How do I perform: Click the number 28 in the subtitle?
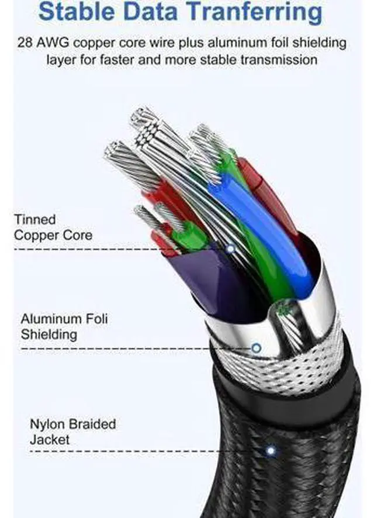(x=25, y=43)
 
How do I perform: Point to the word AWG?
(x=53, y=43)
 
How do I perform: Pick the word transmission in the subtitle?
(x=279, y=60)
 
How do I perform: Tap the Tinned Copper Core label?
(x=53, y=227)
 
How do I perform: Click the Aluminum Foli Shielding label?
(x=64, y=326)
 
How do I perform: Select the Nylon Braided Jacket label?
(x=73, y=432)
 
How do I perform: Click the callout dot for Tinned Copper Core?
(x=231, y=248)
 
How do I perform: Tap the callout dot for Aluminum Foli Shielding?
(x=257, y=348)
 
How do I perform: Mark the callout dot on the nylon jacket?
(x=271, y=451)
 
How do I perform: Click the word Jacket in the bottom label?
(x=50, y=440)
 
